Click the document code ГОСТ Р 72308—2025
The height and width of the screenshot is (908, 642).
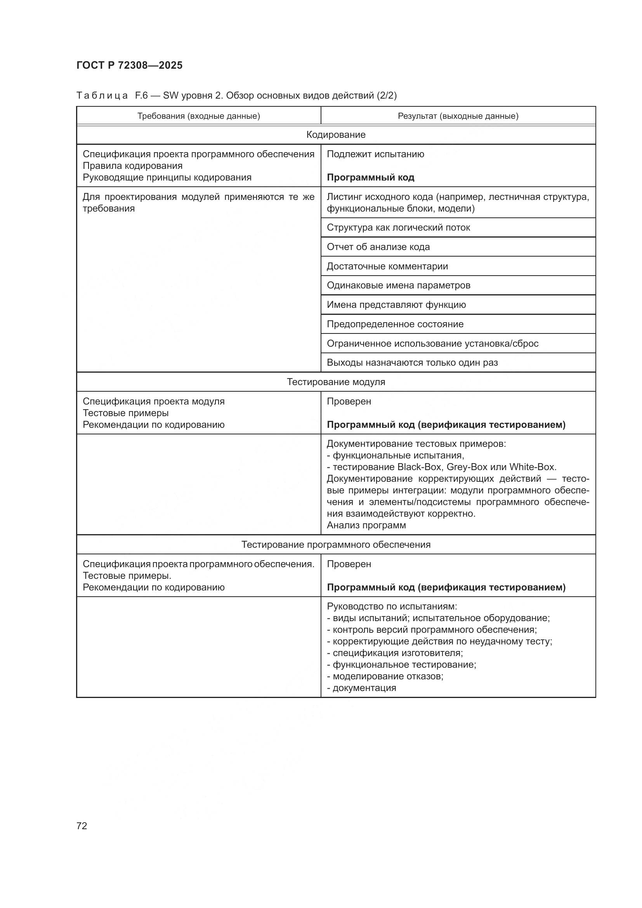click(x=129, y=65)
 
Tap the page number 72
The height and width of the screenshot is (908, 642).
click(x=82, y=826)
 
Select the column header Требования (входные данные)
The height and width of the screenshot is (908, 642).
click(x=198, y=116)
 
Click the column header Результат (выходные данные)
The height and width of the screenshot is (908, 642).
click(x=458, y=116)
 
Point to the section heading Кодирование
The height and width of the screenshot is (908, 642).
click(x=336, y=135)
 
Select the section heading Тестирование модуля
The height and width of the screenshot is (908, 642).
click(x=336, y=382)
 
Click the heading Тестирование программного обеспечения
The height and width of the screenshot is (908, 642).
click(x=336, y=545)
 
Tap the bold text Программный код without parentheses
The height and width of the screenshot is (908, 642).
click(x=370, y=177)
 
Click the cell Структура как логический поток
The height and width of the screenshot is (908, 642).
click(x=398, y=228)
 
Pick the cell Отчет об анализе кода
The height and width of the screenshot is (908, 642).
click(x=378, y=247)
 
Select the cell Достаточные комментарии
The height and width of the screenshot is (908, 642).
click(x=387, y=267)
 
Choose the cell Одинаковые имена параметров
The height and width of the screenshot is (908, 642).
click(x=398, y=286)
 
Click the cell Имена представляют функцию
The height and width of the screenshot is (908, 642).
click(x=396, y=305)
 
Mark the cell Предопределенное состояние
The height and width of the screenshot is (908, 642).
click(x=395, y=324)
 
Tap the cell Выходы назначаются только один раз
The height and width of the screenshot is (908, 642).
click(x=412, y=363)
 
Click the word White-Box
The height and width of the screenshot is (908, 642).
click(x=532, y=467)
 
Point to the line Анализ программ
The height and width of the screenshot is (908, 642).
click(x=366, y=525)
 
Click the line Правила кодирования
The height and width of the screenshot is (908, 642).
click(x=132, y=166)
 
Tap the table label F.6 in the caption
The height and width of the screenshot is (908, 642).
click(x=141, y=95)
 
